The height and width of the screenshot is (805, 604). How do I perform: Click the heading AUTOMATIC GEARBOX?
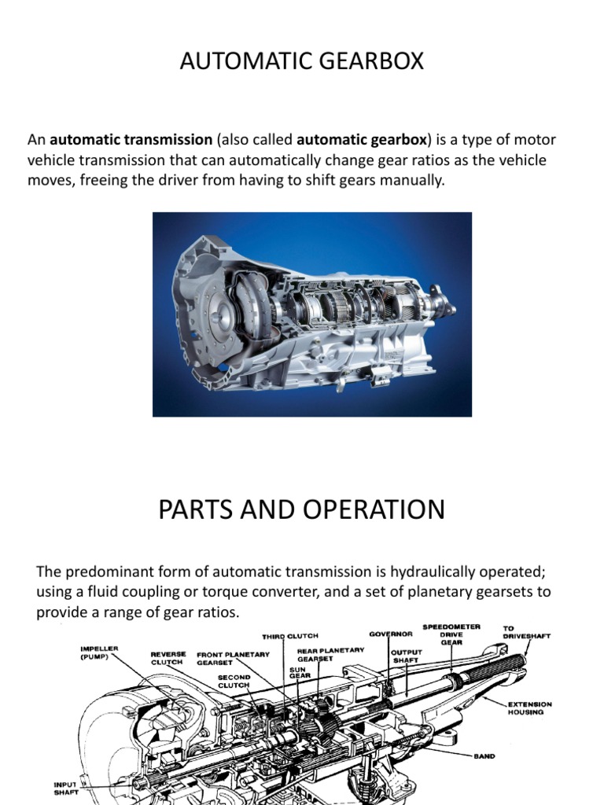tap(301, 61)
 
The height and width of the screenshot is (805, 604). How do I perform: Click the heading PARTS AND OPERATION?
tap(301, 509)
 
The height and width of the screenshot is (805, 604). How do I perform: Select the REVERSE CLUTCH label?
tap(168, 657)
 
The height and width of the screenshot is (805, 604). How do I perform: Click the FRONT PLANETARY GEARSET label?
tap(233, 658)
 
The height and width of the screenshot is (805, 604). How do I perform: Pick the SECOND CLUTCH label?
tap(234, 681)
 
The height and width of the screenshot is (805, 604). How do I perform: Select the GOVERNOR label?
tap(391, 633)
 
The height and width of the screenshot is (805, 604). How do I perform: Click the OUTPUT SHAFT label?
tap(406, 656)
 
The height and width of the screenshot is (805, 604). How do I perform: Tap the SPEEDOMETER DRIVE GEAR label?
tap(451, 634)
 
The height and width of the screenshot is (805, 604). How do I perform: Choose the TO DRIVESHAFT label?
tap(526, 632)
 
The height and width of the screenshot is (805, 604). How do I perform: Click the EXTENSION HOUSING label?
tap(529, 708)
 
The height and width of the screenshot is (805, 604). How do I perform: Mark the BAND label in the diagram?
tap(484, 756)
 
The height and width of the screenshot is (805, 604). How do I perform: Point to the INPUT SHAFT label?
tap(65, 788)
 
